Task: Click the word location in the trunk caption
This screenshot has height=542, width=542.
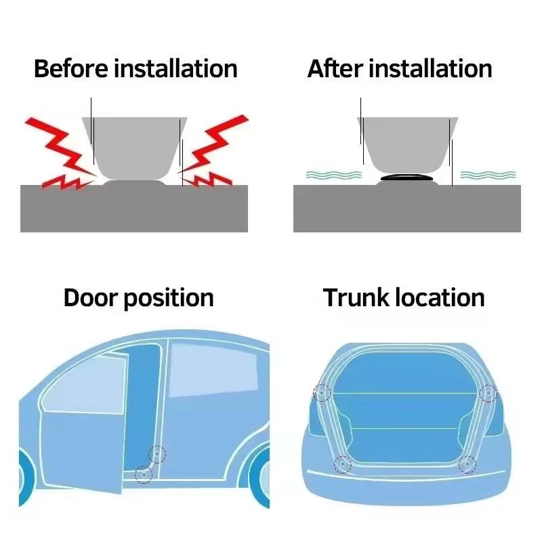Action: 441,298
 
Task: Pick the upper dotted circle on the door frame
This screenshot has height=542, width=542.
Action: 157,455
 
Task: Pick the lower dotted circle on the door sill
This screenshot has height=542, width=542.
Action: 143,474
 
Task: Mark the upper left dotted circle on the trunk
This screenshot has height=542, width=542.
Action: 322,392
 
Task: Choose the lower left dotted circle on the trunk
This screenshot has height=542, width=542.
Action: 343,464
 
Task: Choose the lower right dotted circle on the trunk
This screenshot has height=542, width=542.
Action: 467,464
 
